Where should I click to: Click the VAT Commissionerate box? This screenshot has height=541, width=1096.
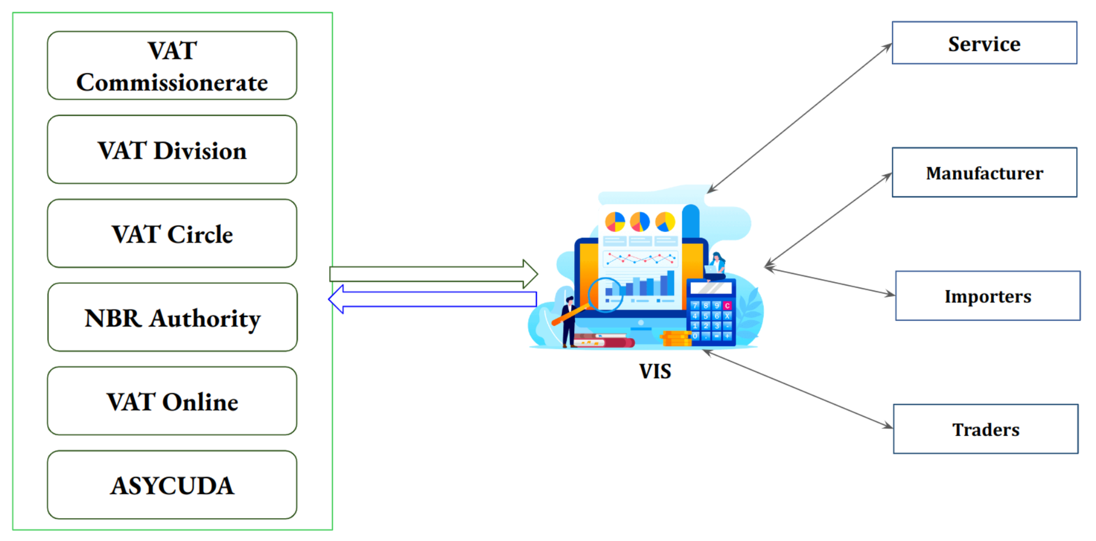coord(172,65)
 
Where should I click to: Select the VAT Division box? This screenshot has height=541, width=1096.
coord(172,149)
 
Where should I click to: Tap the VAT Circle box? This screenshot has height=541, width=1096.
coord(172,233)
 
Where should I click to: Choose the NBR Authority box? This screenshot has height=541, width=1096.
coord(172,317)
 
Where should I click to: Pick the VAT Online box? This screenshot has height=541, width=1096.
coord(172,401)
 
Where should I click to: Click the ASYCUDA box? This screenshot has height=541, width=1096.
coord(172,485)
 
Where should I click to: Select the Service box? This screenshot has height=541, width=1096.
coord(984,43)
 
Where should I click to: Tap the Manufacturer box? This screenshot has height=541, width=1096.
coord(984,173)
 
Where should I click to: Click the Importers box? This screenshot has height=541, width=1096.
coord(988,296)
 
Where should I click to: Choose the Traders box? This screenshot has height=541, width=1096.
coord(985,429)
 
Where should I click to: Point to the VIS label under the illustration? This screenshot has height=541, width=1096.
coord(655,371)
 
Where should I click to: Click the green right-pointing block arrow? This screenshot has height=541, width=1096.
coord(434,274)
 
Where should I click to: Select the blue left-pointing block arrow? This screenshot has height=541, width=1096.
coord(433,299)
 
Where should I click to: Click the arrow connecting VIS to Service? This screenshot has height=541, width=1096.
coord(799,118)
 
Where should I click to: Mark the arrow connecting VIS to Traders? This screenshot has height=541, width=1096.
coord(797,389)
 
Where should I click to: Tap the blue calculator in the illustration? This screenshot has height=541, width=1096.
coord(711,312)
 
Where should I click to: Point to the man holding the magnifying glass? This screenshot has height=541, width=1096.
coord(568,322)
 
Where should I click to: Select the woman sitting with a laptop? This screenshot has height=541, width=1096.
coord(716,266)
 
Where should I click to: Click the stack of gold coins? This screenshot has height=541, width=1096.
coord(675,338)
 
